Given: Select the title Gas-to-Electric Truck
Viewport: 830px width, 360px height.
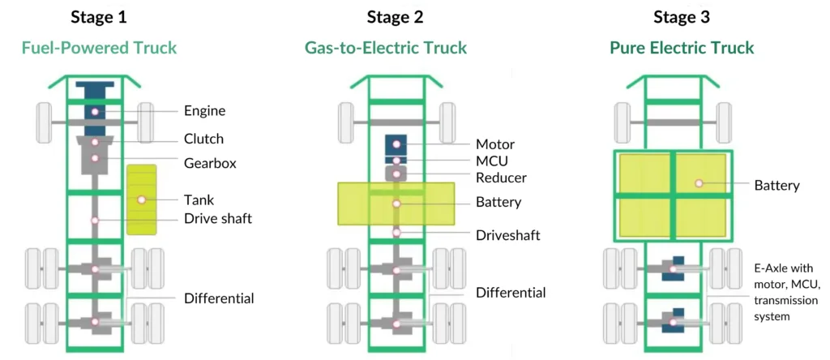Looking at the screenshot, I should tap(386, 48).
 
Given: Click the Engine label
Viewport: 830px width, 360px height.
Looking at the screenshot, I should tap(204, 111).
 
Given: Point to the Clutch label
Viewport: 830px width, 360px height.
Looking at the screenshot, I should tap(203, 139).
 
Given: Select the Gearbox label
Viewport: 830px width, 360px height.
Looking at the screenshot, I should tap(210, 163).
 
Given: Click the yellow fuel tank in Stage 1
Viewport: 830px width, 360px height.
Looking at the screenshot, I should tap(142, 199).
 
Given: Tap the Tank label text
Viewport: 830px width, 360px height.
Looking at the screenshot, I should tap(199, 199).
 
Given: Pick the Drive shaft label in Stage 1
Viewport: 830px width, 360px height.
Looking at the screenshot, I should tap(217, 220).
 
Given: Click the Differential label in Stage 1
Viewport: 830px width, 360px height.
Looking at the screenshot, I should tap(219, 298).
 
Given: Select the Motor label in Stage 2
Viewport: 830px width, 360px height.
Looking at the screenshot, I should tap(495, 144).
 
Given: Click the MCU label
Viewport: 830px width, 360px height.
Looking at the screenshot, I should tap(493, 161).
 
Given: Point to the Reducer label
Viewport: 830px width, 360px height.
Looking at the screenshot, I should tap(501, 178).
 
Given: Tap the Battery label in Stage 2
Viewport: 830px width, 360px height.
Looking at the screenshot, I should tap(498, 202).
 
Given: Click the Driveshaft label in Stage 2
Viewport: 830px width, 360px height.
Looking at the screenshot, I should tap(508, 235).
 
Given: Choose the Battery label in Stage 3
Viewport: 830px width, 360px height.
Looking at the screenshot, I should tap(777, 185).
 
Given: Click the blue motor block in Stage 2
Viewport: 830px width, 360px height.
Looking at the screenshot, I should tap(396, 144).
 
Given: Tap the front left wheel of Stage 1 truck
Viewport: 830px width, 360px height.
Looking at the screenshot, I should tap(45, 122).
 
